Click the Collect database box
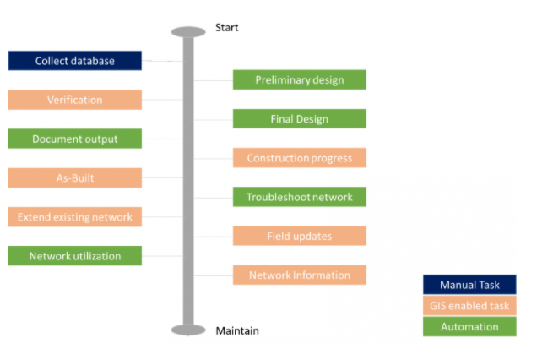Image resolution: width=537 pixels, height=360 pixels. click(x=75, y=61)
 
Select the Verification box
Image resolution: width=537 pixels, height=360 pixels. click(x=75, y=100)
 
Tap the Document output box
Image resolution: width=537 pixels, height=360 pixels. click(x=75, y=139)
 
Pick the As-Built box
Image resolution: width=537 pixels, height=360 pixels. click(x=75, y=177)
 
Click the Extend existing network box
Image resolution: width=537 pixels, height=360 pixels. click(x=75, y=216)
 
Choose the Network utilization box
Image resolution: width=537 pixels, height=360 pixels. click(x=75, y=256)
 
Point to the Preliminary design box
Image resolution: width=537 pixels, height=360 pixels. click(x=300, y=80)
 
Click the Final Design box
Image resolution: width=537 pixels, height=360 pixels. click(x=300, y=118)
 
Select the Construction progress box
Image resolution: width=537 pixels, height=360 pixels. click(x=300, y=158)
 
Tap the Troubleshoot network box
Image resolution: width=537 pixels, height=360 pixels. click(x=300, y=197)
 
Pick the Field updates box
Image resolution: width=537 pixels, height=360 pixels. click(x=300, y=236)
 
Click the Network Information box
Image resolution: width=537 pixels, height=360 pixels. click(x=300, y=275)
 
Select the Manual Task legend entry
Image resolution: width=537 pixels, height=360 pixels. click(x=469, y=285)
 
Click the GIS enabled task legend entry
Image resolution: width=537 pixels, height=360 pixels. click(x=469, y=305)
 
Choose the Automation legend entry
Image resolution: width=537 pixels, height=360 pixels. click(x=469, y=326)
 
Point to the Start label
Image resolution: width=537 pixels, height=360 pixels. click(x=227, y=27)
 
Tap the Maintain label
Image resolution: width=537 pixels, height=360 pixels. click(x=237, y=331)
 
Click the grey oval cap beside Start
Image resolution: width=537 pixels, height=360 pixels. click(x=188, y=32)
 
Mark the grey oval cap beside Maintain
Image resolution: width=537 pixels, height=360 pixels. click(x=188, y=330)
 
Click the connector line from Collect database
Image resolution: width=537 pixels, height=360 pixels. click(x=162, y=61)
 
